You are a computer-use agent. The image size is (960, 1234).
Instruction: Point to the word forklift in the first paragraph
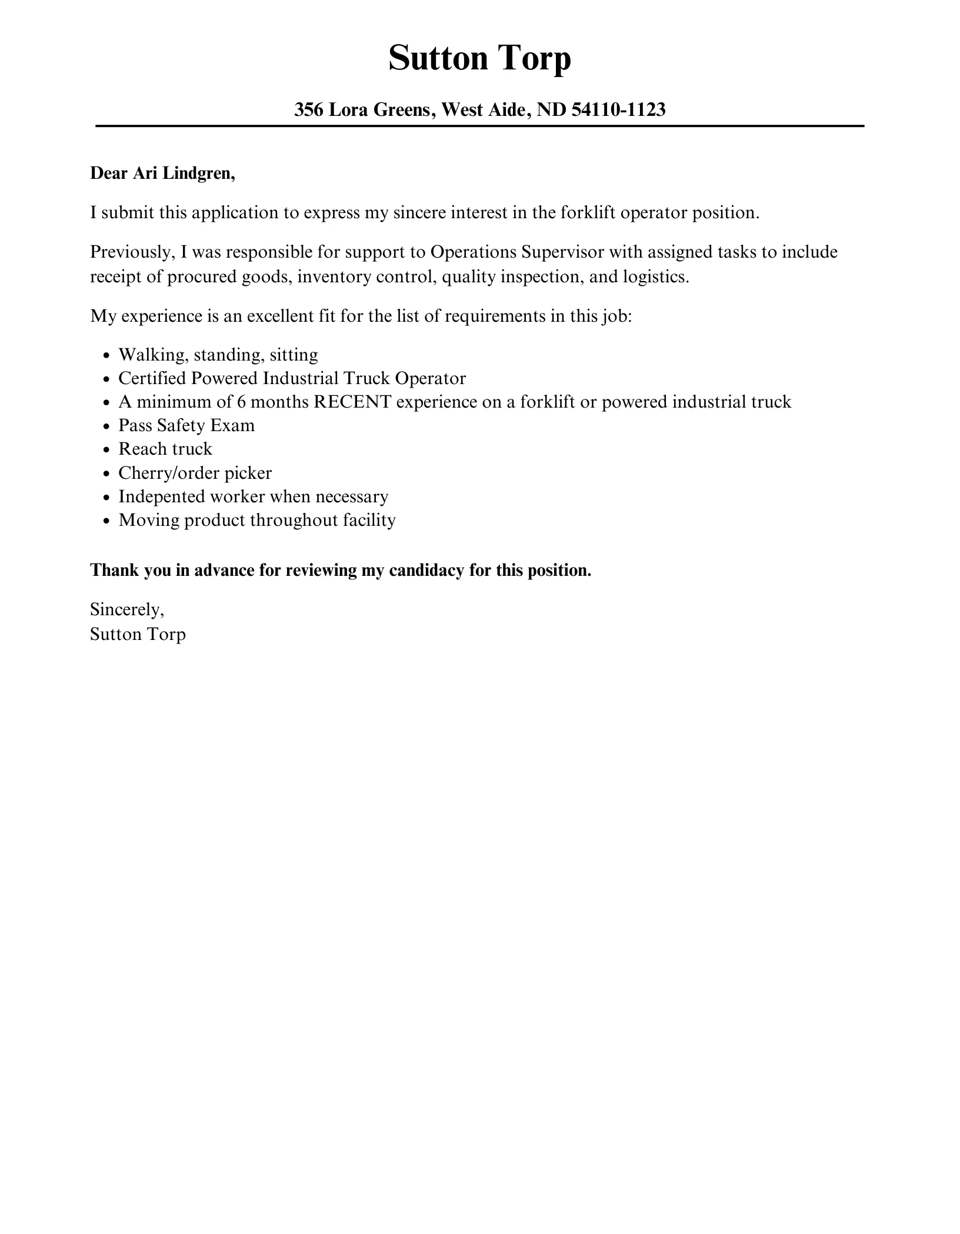pyautogui.click(x=588, y=213)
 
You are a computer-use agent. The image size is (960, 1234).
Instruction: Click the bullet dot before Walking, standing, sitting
pyautogui.click(x=106, y=356)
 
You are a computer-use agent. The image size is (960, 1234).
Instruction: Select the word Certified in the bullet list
pyautogui.click(x=152, y=378)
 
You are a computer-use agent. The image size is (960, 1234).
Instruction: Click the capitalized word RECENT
pyautogui.click(x=352, y=402)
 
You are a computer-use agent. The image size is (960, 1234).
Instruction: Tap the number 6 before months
pyautogui.click(x=241, y=402)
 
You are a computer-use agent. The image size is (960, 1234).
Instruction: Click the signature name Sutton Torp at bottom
pyautogui.click(x=138, y=635)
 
